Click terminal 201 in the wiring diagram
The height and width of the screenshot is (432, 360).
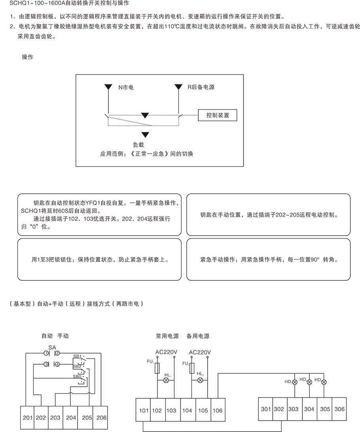point(27,417)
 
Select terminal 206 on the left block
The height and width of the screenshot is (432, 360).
point(101,417)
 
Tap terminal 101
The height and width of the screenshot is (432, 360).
point(144,410)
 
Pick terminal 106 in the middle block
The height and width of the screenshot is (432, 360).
point(218,410)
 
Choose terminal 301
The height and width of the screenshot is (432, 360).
point(266,409)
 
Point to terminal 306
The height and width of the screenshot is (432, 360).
point(339,409)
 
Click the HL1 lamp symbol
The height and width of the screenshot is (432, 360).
point(166,380)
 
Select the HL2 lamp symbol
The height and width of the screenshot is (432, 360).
point(200,380)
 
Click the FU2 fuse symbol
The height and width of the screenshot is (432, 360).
point(192,368)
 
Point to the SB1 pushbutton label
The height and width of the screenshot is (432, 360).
point(77,356)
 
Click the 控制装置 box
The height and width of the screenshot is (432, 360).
point(218,115)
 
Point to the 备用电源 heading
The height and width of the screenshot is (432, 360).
point(198,336)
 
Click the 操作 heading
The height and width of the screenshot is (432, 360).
point(27,57)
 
